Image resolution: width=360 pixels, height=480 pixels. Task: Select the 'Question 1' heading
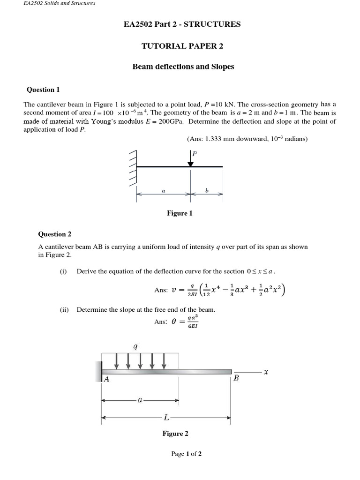[x=43, y=90]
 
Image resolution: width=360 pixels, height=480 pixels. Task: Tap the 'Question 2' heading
[x=54, y=234]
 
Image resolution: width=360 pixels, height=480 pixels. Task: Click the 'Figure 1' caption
[x=180, y=213]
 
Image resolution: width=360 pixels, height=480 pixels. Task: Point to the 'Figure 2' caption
[x=175, y=434]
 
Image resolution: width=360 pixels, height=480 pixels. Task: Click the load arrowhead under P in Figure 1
[x=190, y=164]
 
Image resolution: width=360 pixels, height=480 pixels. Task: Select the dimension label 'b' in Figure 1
[x=207, y=191]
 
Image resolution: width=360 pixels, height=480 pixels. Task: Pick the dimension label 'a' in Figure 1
[x=163, y=191]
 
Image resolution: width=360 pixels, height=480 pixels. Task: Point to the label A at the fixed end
[x=106, y=380]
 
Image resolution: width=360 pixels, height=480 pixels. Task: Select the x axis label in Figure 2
[x=265, y=372]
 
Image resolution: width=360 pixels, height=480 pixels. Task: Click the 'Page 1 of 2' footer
[x=186, y=454]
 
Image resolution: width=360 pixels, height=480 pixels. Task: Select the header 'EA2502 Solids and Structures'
[x=59, y=3]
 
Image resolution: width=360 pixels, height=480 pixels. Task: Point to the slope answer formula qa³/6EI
[x=192, y=322]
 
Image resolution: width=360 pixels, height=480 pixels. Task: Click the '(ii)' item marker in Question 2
[x=64, y=309]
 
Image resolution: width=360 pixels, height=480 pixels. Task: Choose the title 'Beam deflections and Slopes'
[x=183, y=67]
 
